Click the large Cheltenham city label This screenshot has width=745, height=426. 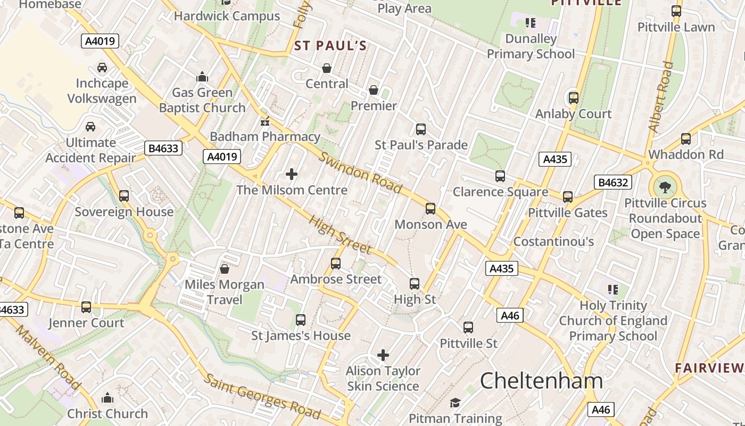[541, 381]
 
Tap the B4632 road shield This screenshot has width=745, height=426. [612, 183]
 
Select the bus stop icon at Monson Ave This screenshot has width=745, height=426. [431, 209]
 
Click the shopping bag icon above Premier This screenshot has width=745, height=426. [374, 90]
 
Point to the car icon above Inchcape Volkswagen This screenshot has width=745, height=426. [102, 68]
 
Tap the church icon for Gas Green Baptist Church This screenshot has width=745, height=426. [202, 77]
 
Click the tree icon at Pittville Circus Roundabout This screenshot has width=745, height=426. [665, 187]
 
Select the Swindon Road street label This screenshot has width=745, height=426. [360, 173]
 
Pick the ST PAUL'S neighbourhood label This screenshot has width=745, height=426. [330, 46]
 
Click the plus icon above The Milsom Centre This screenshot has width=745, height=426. [292, 174]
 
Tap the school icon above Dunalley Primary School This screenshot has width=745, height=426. [531, 23]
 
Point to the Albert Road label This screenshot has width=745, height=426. [660, 97]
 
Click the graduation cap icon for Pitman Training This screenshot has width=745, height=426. [455, 403]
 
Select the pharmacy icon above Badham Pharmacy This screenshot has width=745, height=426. [264, 122]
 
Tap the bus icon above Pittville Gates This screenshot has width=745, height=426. [568, 197]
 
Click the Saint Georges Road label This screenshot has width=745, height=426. [262, 396]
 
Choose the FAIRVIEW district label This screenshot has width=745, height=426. [709, 368]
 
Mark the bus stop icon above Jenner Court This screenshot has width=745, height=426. [86, 307]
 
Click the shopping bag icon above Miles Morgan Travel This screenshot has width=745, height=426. [225, 269]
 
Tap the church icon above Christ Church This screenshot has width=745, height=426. [107, 398]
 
